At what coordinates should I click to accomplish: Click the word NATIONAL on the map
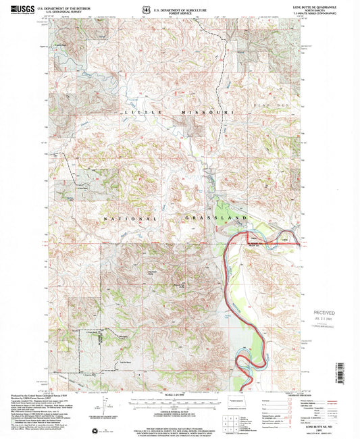(130, 219)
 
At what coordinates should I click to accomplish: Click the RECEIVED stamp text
(328, 313)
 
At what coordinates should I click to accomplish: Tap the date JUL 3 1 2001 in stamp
(328, 319)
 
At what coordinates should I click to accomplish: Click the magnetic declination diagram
(109, 407)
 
